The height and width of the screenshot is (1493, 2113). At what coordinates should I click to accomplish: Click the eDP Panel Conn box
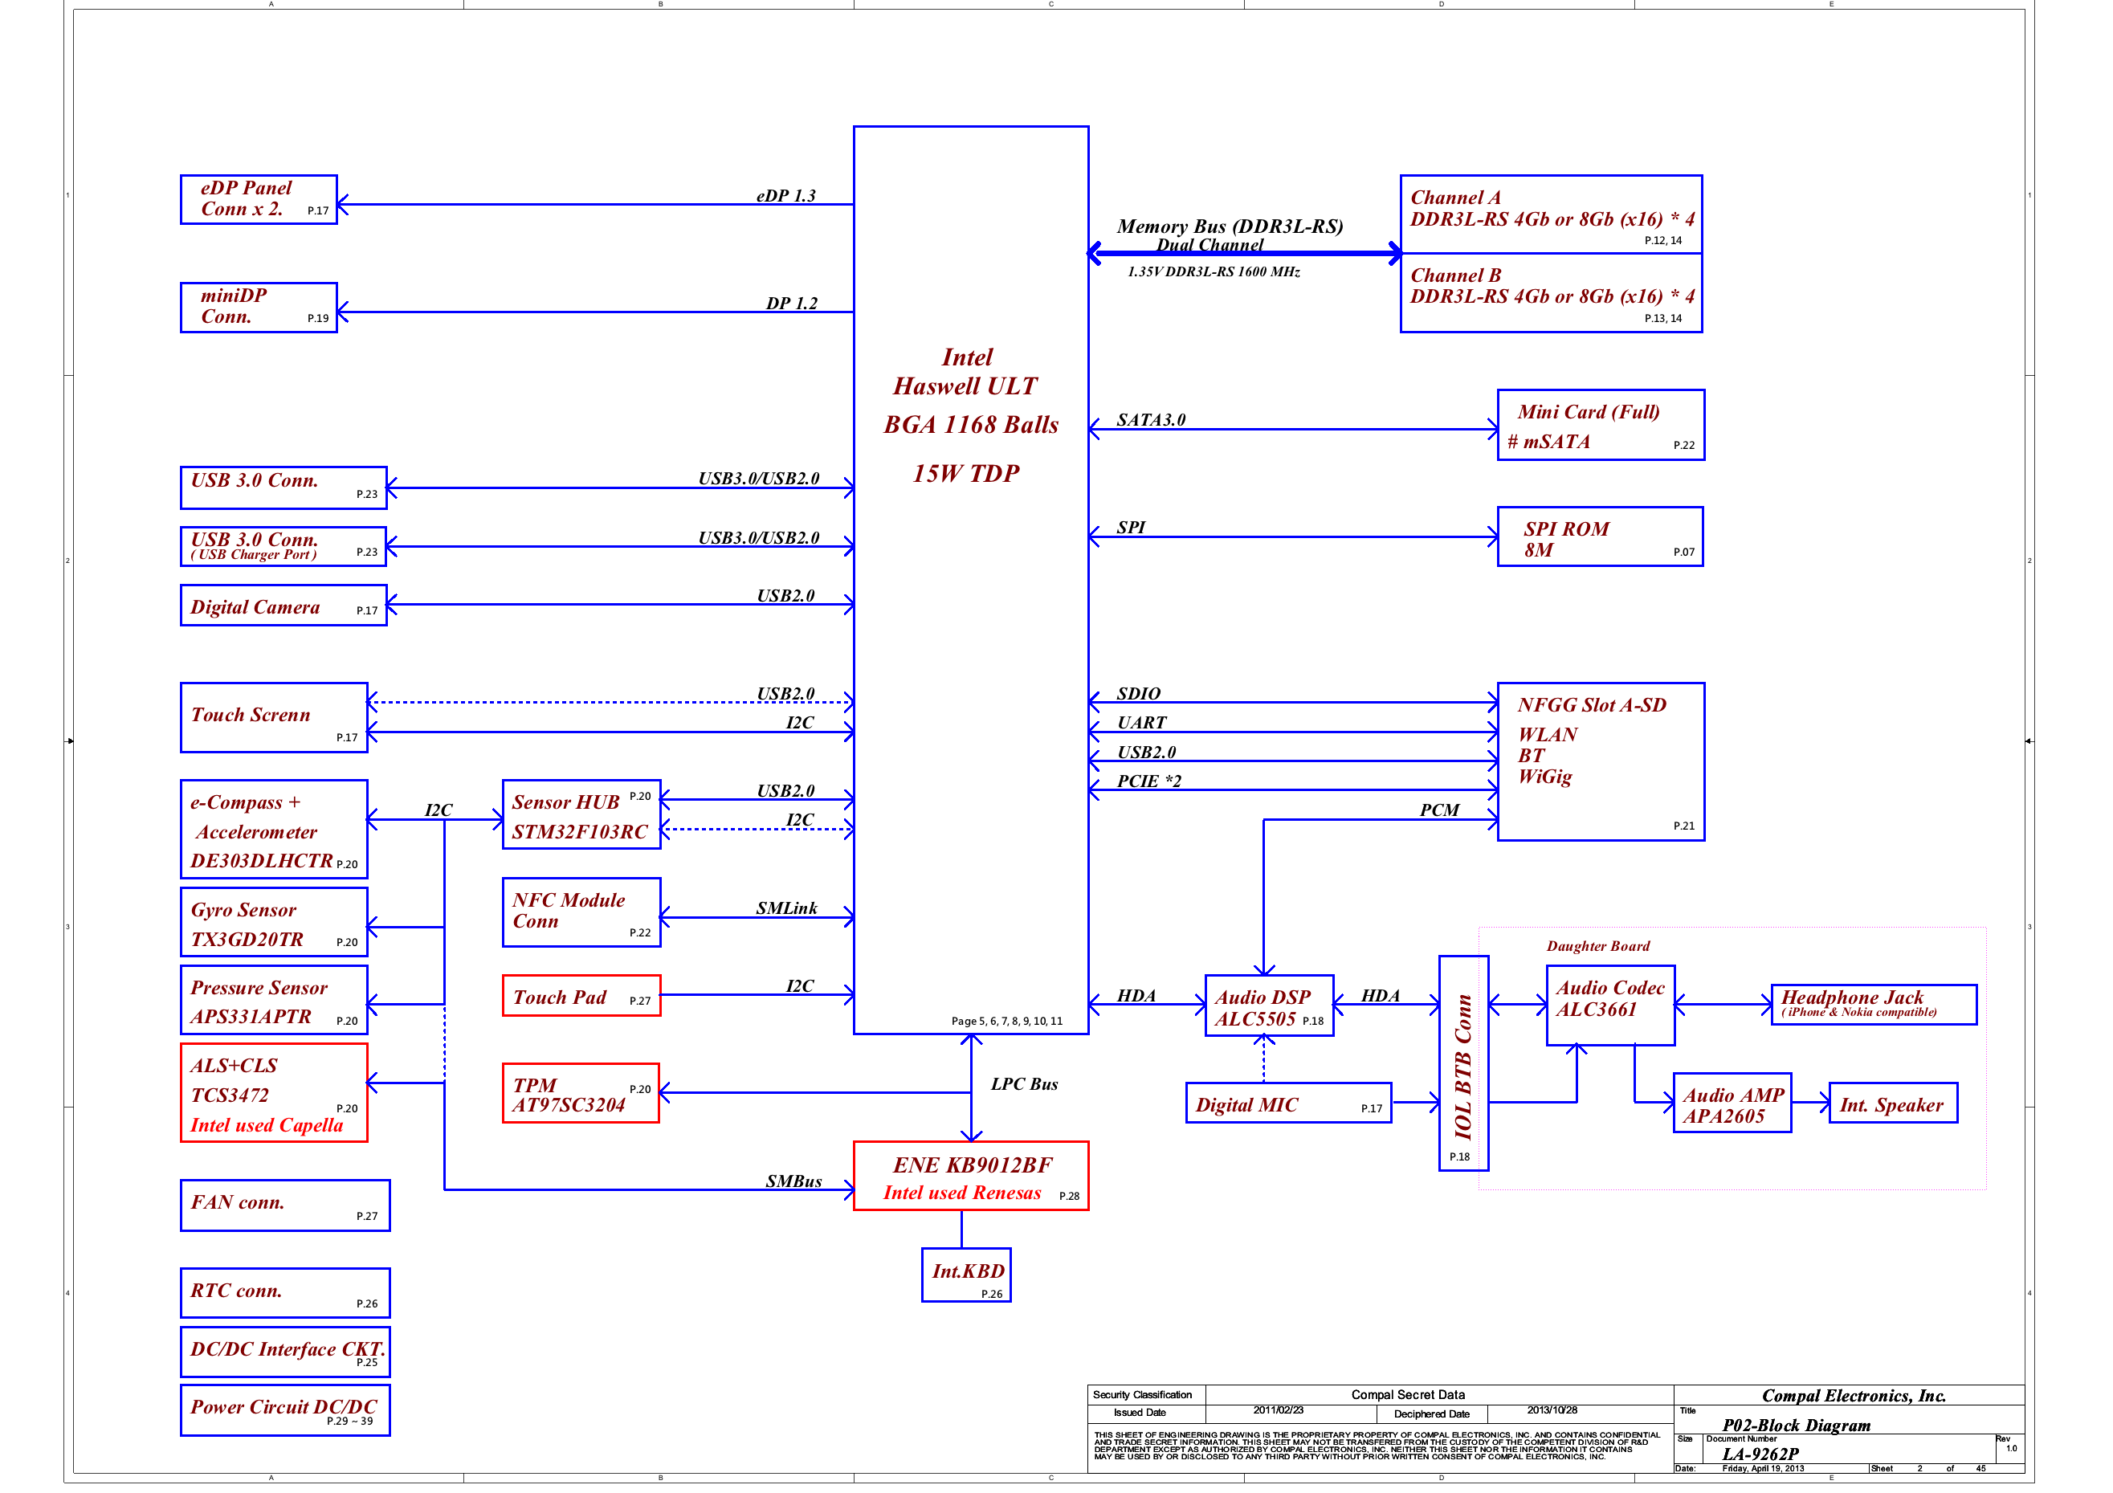pyautogui.click(x=259, y=199)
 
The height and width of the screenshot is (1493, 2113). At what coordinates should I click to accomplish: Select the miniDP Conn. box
pyautogui.click(x=259, y=307)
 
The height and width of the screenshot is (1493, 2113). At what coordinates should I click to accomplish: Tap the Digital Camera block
pyautogui.click(x=283, y=606)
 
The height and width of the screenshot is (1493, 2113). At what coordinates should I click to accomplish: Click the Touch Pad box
pyautogui.click(x=581, y=996)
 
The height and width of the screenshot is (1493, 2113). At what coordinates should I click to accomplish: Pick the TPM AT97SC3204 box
pyautogui.click(x=581, y=1094)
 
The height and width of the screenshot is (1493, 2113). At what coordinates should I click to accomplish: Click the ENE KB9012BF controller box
pyautogui.click(x=970, y=1177)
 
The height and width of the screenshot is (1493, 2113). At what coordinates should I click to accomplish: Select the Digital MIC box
pyautogui.click(x=1287, y=1103)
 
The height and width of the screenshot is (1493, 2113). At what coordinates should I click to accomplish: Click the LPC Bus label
pyautogui.click(x=1023, y=1084)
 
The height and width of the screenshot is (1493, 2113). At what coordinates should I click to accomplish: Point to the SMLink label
pyautogui.click(x=786, y=908)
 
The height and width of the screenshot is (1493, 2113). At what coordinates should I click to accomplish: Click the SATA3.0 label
pyautogui.click(x=1150, y=420)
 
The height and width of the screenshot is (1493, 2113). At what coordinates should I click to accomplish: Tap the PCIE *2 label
pyautogui.click(x=1148, y=781)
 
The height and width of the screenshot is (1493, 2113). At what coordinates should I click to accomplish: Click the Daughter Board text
pyautogui.click(x=1597, y=946)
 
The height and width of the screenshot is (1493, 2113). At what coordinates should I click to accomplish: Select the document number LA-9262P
pyautogui.click(x=1760, y=1454)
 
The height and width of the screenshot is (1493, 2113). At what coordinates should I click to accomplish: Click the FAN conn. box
pyautogui.click(x=284, y=1205)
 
